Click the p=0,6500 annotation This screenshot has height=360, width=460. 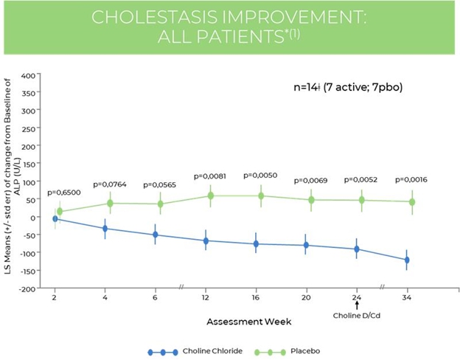[61, 192]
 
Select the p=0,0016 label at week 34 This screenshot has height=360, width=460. [411, 180]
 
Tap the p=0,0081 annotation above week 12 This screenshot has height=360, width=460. [209, 176]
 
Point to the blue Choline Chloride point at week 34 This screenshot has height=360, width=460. [407, 260]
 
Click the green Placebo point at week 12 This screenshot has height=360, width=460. [210, 195]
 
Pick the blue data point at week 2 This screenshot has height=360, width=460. [55, 219]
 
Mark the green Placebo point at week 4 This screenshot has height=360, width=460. [110, 203]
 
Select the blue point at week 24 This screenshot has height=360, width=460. [357, 249]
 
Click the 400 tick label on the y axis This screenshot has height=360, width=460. [27, 75]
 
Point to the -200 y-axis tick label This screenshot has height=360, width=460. [27, 288]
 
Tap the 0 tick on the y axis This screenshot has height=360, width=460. [32, 218]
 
